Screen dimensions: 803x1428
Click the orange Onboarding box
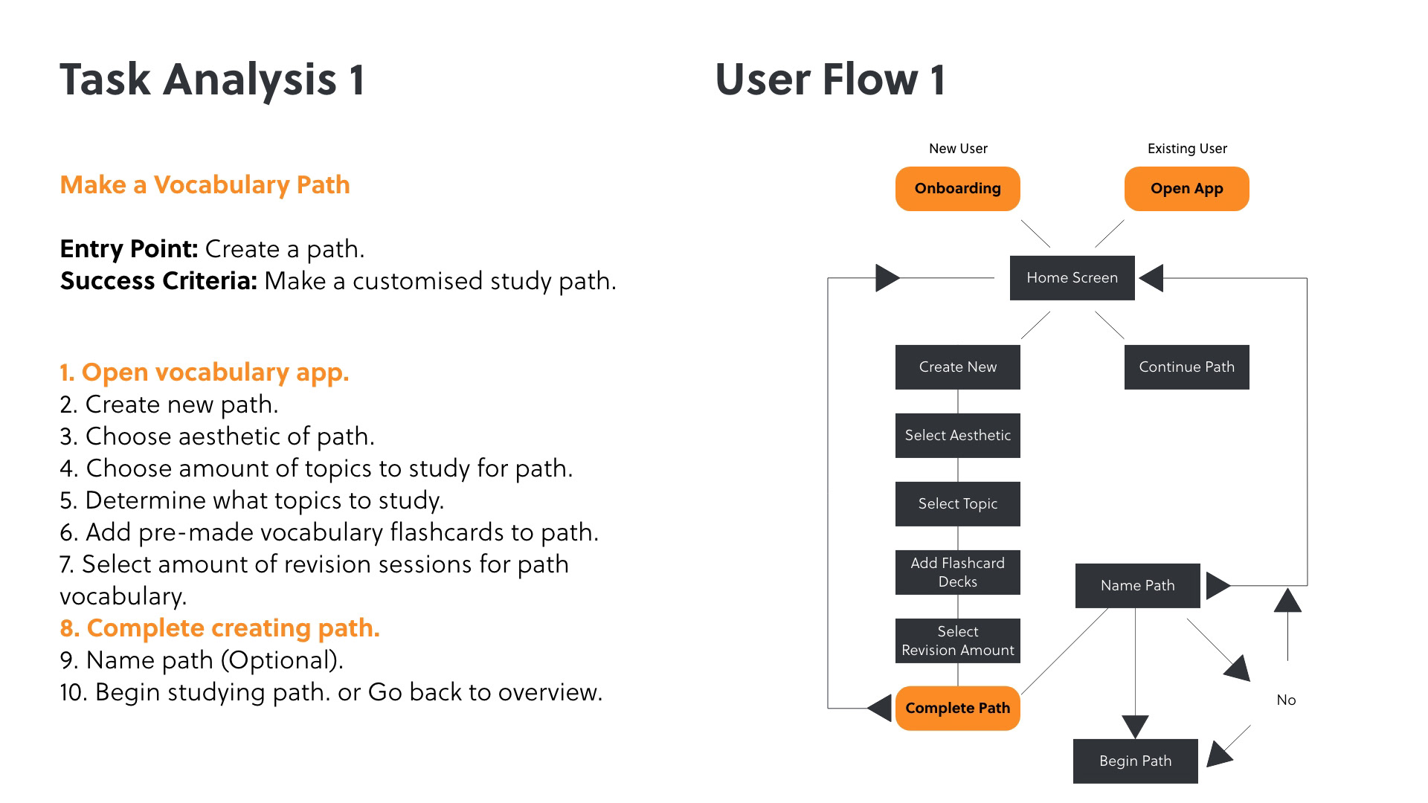pos(957,189)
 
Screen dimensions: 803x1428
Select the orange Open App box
pos(1186,189)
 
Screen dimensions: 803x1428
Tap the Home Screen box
pos(1072,278)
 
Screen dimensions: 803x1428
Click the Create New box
pos(957,367)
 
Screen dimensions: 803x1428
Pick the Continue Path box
pos(1186,367)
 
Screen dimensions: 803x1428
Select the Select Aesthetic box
pos(957,436)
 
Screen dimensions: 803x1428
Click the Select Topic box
pos(957,504)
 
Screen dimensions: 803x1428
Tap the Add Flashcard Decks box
pos(957,573)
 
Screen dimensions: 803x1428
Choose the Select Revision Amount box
pos(957,641)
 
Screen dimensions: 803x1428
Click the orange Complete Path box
pos(957,709)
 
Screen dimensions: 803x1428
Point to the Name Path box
pos(1137,586)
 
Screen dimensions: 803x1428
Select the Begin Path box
pos(1135,761)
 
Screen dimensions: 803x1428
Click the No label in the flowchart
pos(1286,700)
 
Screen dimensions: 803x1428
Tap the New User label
pos(958,149)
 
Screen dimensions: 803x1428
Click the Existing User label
pos(1187,149)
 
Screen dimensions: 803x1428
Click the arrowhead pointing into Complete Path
pos(881,708)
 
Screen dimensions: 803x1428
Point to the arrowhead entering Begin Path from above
pos(1135,726)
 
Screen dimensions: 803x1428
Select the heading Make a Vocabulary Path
pos(205,185)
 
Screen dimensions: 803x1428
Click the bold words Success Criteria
pos(158,281)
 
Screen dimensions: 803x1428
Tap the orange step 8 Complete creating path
pos(219,628)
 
